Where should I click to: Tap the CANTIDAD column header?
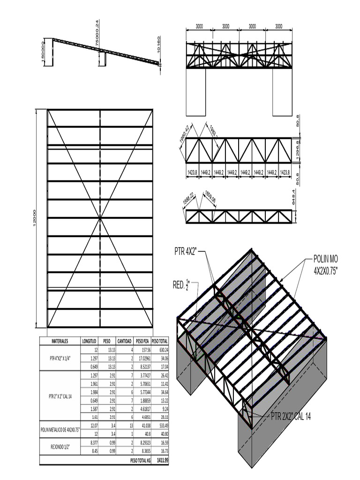coord(124,341)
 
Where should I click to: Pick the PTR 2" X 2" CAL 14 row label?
coord(60,396)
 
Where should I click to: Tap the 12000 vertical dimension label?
coord(35,218)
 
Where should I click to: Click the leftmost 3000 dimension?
coord(199,27)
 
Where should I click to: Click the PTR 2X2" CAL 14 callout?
coord(291,416)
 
